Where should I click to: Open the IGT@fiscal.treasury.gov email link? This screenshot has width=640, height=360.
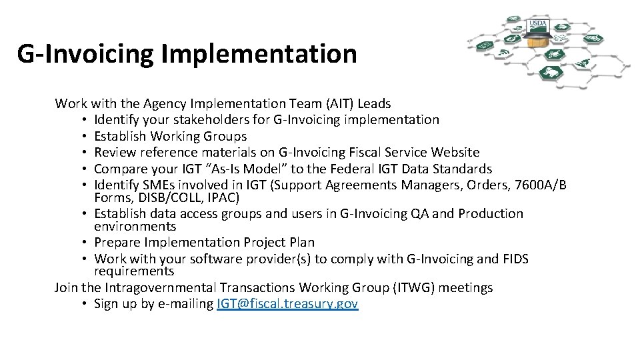point(287,304)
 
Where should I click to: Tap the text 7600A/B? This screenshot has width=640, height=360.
point(541,185)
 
